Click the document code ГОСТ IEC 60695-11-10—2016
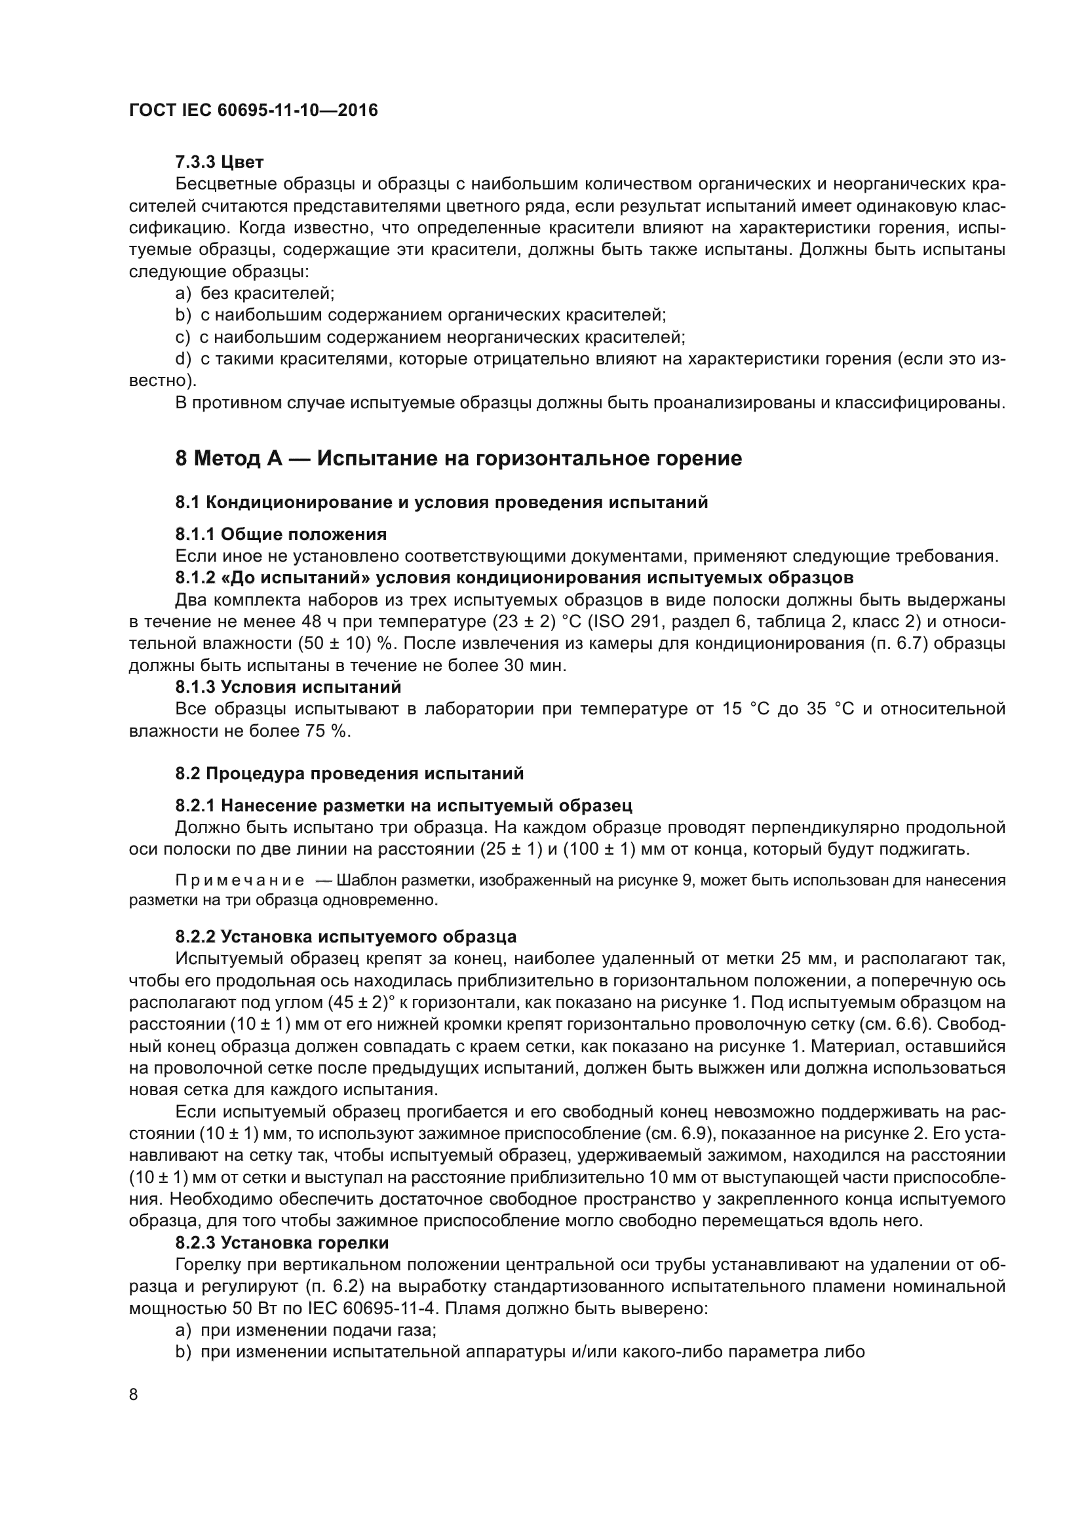click(x=253, y=111)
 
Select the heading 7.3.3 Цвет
click(x=220, y=163)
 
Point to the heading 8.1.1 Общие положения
click(x=281, y=534)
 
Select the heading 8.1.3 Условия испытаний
click(x=288, y=687)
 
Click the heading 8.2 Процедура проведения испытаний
click(x=350, y=774)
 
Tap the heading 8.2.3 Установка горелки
click(x=282, y=1243)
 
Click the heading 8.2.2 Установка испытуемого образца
click(x=346, y=937)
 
